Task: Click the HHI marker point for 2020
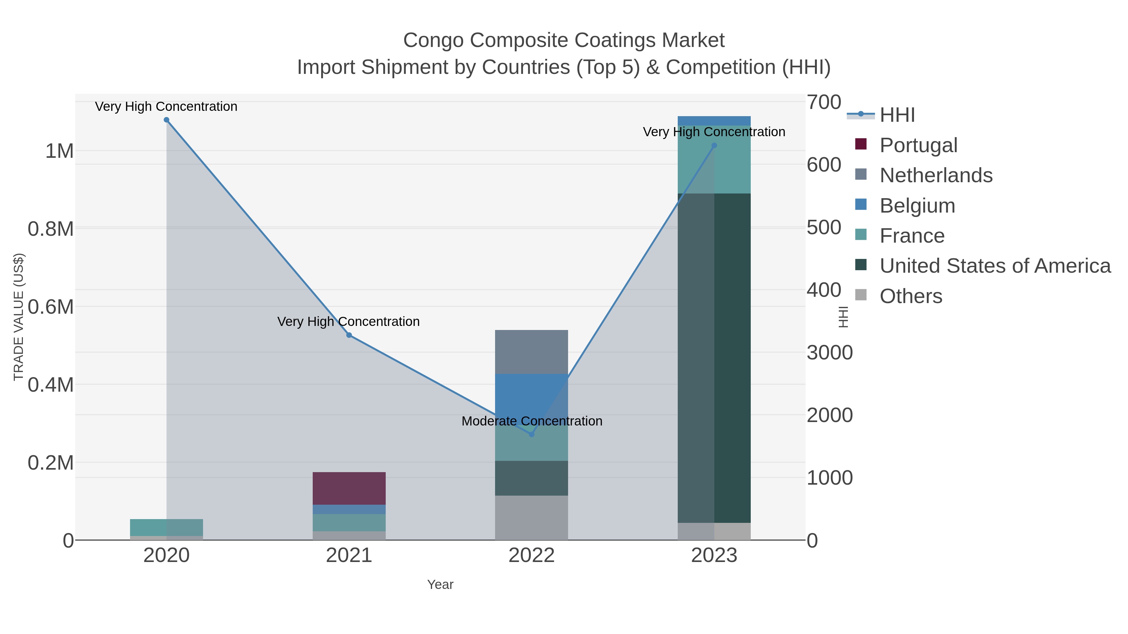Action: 166,120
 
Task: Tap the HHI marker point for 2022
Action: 532,435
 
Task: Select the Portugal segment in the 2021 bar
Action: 349,488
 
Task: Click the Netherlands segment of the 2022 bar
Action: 532,352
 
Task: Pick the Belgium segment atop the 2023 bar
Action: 714,121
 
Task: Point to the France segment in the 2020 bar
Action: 166,527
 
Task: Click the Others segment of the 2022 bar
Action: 532,518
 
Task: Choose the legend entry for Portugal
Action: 918,145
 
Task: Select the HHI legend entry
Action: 897,115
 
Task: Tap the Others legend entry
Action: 910,296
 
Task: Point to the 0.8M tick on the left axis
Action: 51,229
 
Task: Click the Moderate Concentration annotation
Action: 532,421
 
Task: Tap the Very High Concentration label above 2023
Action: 714,132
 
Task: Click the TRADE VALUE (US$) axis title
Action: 18,317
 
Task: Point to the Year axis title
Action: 440,585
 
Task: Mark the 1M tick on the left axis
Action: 60,152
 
